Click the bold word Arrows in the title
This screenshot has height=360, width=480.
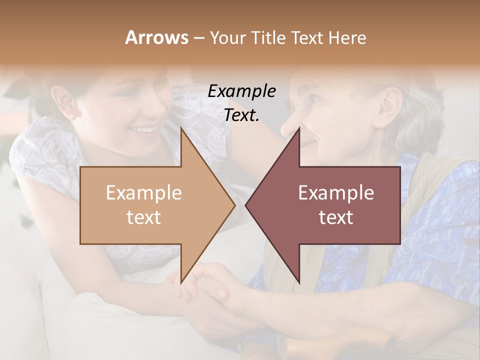tap(156, 37)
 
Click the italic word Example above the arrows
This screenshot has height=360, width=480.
tap(242, 91)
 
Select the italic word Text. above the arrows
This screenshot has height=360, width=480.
tap(242, 115)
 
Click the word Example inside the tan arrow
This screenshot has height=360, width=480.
tap(144, 193)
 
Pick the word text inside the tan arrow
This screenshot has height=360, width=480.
tap(144, 217)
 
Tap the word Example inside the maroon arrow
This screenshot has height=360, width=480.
tap(336, 193)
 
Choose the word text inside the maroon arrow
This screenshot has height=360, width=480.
tap(336, 217)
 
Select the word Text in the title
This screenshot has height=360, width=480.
tap(307, 37)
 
